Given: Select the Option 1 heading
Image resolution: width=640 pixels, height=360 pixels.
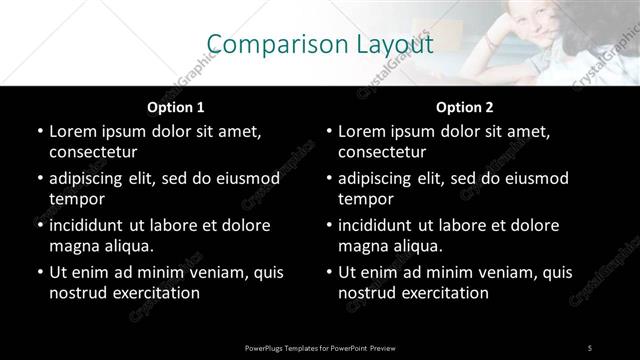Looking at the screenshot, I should point(176,107).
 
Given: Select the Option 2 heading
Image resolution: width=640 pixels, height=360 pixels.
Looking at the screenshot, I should point(465,107).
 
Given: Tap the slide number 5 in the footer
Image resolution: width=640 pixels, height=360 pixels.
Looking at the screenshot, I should point(590,347).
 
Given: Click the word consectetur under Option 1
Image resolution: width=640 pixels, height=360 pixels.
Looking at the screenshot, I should point(93,152).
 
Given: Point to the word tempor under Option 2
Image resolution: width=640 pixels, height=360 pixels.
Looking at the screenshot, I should point(366,199).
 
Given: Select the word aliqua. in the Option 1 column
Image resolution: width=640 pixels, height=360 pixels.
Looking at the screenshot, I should point(126,246).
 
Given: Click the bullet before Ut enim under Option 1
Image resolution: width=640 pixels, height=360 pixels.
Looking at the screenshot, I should point(39,272).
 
